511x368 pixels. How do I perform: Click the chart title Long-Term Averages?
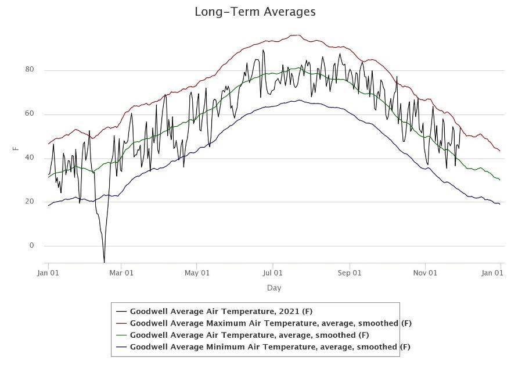pos(255,12)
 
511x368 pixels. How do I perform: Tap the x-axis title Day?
pos(274,288)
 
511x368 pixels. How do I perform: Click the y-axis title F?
pos(16,148)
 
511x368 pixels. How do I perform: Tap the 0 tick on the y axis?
pos(32,246)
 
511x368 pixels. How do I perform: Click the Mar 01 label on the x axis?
pos(121,272)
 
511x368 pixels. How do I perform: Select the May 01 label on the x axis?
pos(197,272)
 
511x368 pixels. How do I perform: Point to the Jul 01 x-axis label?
pos(273,272)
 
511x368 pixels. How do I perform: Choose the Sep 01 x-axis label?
pos(350,272)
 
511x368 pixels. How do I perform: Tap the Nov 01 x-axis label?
pos(425,272)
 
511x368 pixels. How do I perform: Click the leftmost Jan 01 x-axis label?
pos(48,272)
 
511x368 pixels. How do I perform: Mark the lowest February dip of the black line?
pos(104,262)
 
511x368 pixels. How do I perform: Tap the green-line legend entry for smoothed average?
pos(249,335)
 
